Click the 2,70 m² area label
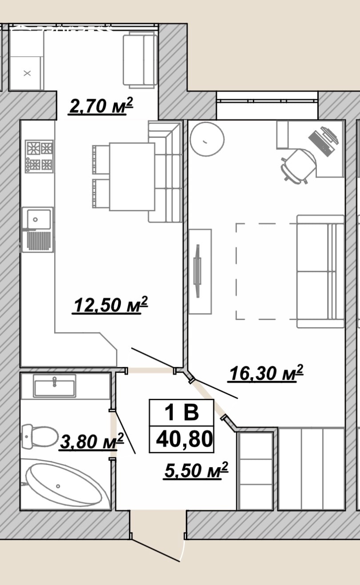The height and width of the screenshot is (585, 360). tap(100, 106)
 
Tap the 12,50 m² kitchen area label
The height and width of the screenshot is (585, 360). tap(110, 305)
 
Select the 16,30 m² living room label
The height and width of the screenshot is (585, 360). tap(265, 373)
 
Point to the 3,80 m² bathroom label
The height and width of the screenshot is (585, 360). tap(92, 441)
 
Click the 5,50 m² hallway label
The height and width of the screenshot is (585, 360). tap(196, 470)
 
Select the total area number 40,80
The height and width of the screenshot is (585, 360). tap(184, 439)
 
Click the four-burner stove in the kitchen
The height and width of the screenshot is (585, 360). tap(39, 156)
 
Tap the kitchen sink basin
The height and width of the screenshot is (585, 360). tap(38, 220)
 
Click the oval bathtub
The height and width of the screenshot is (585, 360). tap(64, 485)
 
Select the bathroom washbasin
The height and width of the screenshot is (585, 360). tap(55, 386)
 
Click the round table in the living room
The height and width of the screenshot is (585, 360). tap(207, 139)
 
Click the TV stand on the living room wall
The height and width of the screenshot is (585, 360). tap(200, 272)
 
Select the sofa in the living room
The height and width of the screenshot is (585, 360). tap(320, 271)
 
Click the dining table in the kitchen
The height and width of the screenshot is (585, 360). tap(132, 176)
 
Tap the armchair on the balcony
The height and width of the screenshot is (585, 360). tap(140, 60)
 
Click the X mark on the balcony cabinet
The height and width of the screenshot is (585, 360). tap(27, 73)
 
